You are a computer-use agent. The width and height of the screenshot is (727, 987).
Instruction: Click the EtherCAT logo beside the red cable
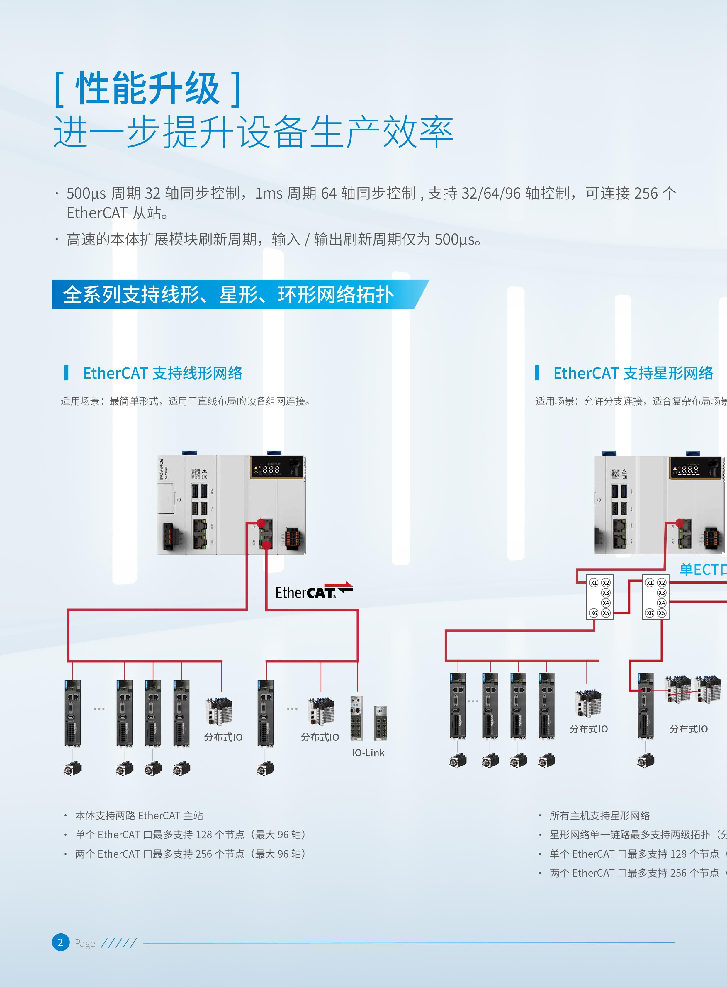(314, 591)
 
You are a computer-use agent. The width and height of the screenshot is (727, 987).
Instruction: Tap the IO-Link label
(368, 753)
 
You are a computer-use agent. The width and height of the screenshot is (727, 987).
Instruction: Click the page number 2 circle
(61, 942)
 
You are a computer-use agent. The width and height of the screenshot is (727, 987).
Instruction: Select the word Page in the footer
(85, 943)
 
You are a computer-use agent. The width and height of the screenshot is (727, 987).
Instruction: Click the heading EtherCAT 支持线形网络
(162, 373)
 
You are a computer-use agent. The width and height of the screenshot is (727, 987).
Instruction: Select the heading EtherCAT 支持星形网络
(633, 373)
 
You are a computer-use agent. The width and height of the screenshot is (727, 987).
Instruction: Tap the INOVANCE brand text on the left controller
(161, 469)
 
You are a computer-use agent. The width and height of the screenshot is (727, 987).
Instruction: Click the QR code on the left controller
(196, 473)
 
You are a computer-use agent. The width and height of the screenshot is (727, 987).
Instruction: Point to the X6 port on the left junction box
(594, 613)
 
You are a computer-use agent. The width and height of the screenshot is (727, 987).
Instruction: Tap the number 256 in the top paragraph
(646, 193)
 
